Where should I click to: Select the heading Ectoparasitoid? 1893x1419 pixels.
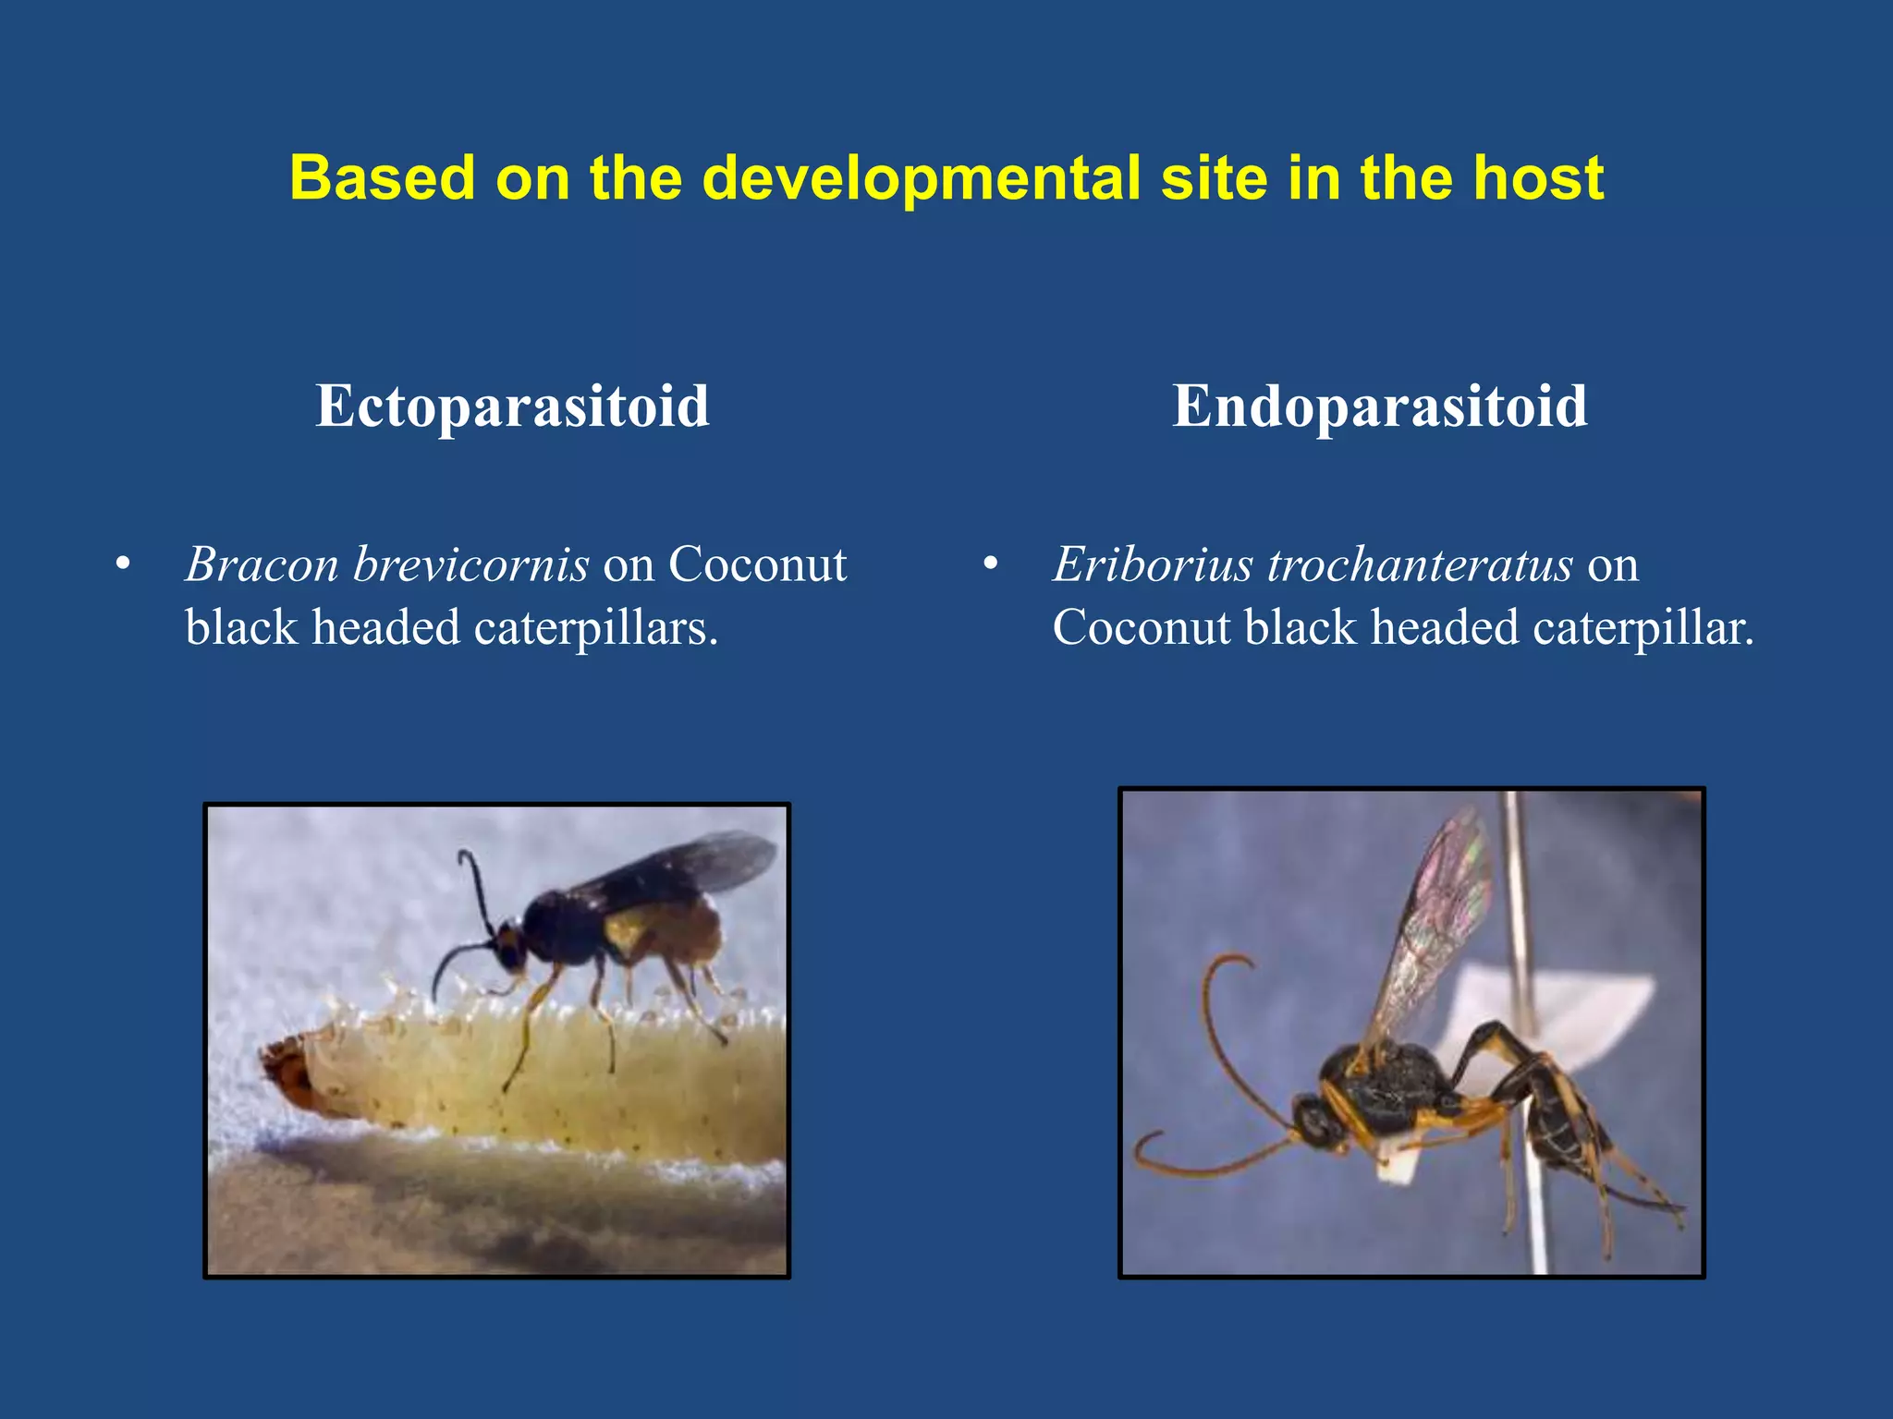[x=512, y=406]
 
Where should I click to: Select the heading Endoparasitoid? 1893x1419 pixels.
[x=1379, y=406]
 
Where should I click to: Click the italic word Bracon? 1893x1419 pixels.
[x=262, y=564]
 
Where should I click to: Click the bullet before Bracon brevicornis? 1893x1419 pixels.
[x=123, y=564]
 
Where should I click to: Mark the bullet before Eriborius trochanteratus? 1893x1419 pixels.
[x=991, y=564]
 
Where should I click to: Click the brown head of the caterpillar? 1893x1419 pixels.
[x=287, y=1072]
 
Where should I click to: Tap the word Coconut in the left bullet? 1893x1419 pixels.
[x=757, y=564]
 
